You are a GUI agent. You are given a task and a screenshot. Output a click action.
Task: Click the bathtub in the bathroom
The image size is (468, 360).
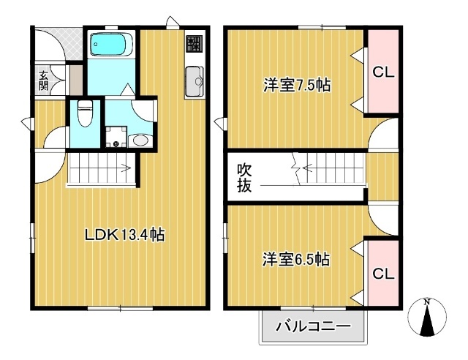pyautogui.click(x=110, y=46)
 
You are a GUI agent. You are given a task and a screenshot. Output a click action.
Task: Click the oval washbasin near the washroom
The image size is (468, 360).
pyautogui.click(x=138, y=139)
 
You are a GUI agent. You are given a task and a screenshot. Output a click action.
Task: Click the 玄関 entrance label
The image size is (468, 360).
pyautogui.click(x=43, y=79)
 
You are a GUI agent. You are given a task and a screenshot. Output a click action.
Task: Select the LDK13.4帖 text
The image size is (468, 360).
pyautogui.click(x=124, y=235)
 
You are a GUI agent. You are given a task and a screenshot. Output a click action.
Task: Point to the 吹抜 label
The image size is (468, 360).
pyautogui.click(x=244, y=178)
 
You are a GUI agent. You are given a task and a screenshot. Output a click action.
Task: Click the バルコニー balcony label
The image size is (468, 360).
pyautogui.click(x=313, y=326)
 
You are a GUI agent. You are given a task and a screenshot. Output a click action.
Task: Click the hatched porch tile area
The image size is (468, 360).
pyautogui.click(x=50, y=44)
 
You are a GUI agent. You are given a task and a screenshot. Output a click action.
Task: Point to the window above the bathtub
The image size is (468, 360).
pyautogui.click(x=110, y=29)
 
